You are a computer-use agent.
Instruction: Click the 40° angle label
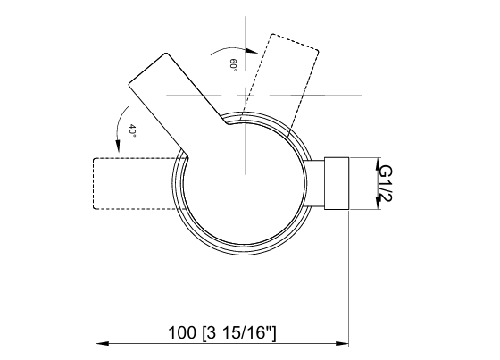(x=130, y=130)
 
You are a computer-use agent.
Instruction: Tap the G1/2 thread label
(x=386, y=182)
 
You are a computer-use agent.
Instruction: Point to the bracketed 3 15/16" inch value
(x=239, y=333)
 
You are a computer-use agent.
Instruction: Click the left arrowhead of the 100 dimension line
(x=101, y=343)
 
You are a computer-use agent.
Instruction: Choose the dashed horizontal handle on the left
(x=134, y=183)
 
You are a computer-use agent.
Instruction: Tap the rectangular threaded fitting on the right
(x=337, y=183)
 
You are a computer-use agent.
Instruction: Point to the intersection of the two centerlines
(x=241, y=93)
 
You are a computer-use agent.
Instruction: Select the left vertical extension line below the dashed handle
(x=96, y=277)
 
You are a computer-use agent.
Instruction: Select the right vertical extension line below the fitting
(x=349, y=277)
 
